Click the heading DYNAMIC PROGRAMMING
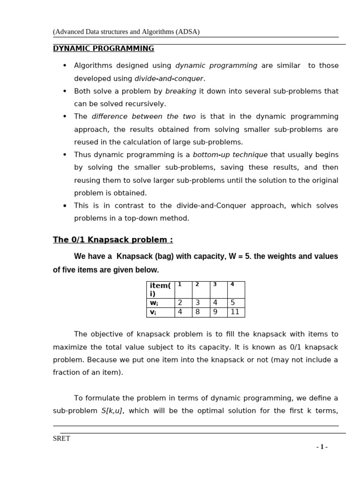pyautogui.click(x=103, y=48)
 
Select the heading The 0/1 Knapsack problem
pyautogui.click(x=112, y=240)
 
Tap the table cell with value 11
pyautogui.click(x=235, y=312)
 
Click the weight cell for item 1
pyautogui.click(x=183, y=303)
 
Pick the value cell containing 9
pyautogui.click(x=218, y=312)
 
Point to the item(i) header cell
pyautogui.click(x=160, y=290)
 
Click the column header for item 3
pyautogui.click(x=218, y=289)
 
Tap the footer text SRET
pyautogui.click(x=61, y=439)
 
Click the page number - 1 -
pyautogui.click(x=322, y=447)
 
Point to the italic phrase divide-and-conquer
pyautogui.click(x=169, y=78)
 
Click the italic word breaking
pyautogui.click(x=180, y=91)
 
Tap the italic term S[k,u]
pyautogui.click(x=112, y=411)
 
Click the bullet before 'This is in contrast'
pyautogui.click(x=65, y=206)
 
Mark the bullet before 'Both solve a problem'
pyautogui.click(x=65, y=91)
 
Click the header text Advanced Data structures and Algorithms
pyautogui.click(x=126, y=32)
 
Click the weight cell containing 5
pyautogui.click(x=235, y=303)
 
